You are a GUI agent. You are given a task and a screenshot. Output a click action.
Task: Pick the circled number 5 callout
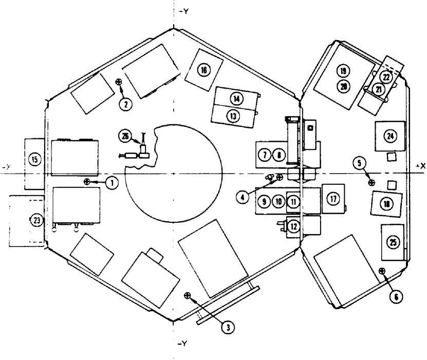(359, 163)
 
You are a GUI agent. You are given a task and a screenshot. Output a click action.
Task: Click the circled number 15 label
(35, 160)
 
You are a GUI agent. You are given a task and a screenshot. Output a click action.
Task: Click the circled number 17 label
(333, 199)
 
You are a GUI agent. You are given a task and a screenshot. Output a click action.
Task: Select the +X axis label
(420, 167)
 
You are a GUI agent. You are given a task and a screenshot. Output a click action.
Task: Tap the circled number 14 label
(236, 98)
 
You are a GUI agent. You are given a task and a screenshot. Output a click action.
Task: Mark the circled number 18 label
(386, 204)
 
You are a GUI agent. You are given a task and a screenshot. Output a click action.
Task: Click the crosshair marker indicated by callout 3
(187, 295)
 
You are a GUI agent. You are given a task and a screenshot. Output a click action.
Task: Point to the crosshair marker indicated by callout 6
(381, 270)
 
